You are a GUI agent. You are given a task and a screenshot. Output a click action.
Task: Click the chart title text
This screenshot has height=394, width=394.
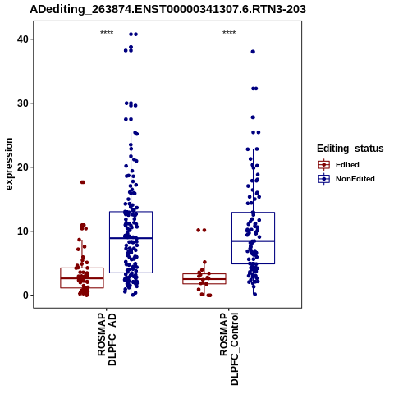click(167, 9)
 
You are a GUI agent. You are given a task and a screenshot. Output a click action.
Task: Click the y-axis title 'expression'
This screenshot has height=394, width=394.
click(9, 164)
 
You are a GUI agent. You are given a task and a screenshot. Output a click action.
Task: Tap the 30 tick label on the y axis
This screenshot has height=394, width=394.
click(23, 103)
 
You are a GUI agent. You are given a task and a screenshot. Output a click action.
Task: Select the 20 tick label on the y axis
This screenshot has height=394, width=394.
click(23, 167)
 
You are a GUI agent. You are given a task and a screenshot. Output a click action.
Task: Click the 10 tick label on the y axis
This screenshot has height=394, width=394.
click(23, 231)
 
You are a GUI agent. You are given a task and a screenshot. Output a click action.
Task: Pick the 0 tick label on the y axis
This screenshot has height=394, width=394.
click(25, 295)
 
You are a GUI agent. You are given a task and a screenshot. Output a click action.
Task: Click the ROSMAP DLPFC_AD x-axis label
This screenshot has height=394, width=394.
click(107, 340)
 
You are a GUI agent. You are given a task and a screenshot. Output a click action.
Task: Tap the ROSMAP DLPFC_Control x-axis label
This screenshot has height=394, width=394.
click(229, 349)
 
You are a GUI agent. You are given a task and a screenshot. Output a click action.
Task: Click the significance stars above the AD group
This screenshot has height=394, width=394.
click(107, 33)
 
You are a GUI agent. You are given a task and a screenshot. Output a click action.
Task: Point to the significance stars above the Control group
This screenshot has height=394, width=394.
click(229, 33)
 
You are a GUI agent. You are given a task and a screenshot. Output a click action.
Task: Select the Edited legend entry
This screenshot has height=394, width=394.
click(339, 165)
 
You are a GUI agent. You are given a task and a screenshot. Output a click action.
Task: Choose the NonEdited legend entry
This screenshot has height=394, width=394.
click(346, 179)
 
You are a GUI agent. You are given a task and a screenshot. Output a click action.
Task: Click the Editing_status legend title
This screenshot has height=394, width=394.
click(350, 149)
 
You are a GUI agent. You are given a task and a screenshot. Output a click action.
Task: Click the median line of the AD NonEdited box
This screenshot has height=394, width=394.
click(131, 238)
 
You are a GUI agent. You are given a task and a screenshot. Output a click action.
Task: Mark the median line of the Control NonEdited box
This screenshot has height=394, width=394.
click(253, 241)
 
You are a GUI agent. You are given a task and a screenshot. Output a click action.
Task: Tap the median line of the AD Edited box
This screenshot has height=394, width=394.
click(82, 278)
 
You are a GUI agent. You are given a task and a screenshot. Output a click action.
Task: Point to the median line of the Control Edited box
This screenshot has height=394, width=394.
click(204, 279)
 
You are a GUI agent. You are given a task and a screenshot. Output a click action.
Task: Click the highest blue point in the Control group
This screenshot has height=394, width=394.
click(253, 52)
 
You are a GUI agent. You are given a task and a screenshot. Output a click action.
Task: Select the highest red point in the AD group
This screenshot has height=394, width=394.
click(83, 182)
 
